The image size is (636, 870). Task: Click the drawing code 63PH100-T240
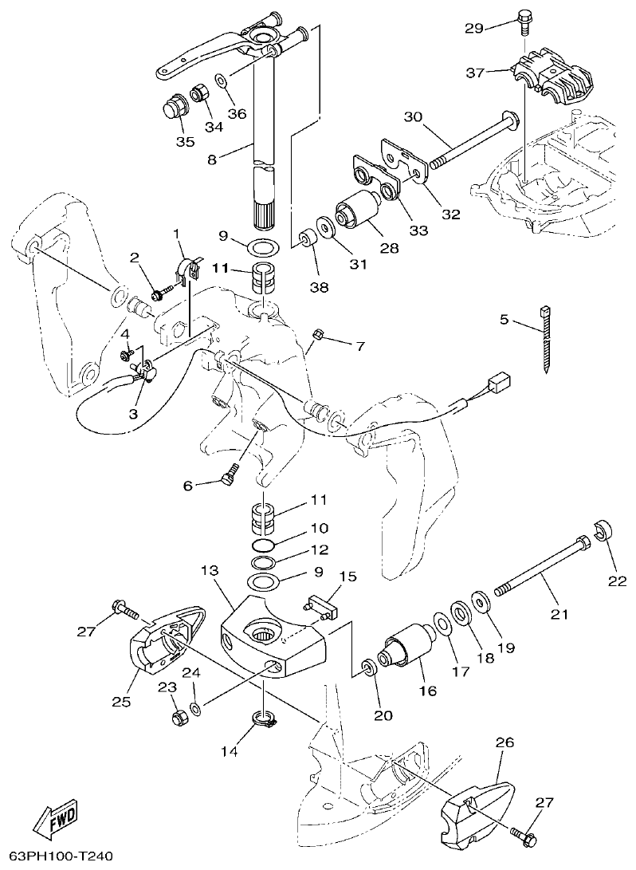coord(57,856)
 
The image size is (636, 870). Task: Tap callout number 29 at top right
coord(473,29)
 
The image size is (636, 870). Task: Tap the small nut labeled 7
coord(316,333)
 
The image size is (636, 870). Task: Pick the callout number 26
coord(504,742)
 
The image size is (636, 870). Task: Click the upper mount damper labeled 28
coord(358,211)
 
